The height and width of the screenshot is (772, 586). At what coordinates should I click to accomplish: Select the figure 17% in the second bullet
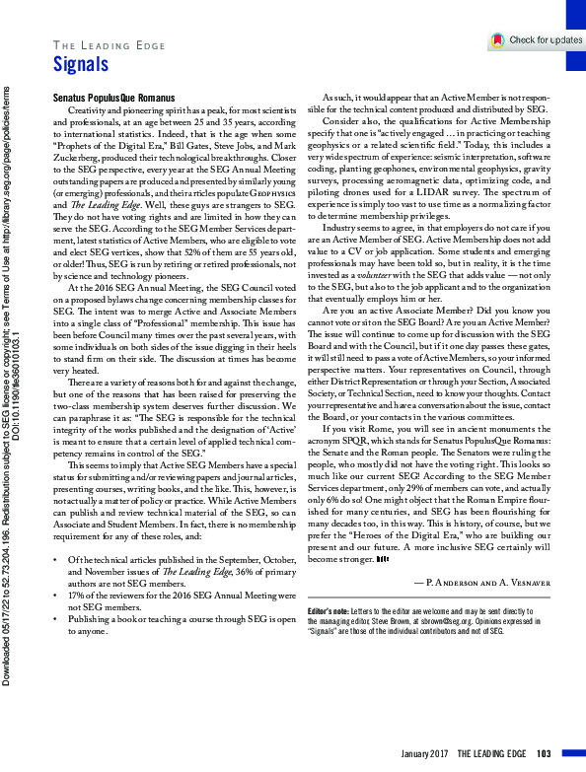click(76, 597)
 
